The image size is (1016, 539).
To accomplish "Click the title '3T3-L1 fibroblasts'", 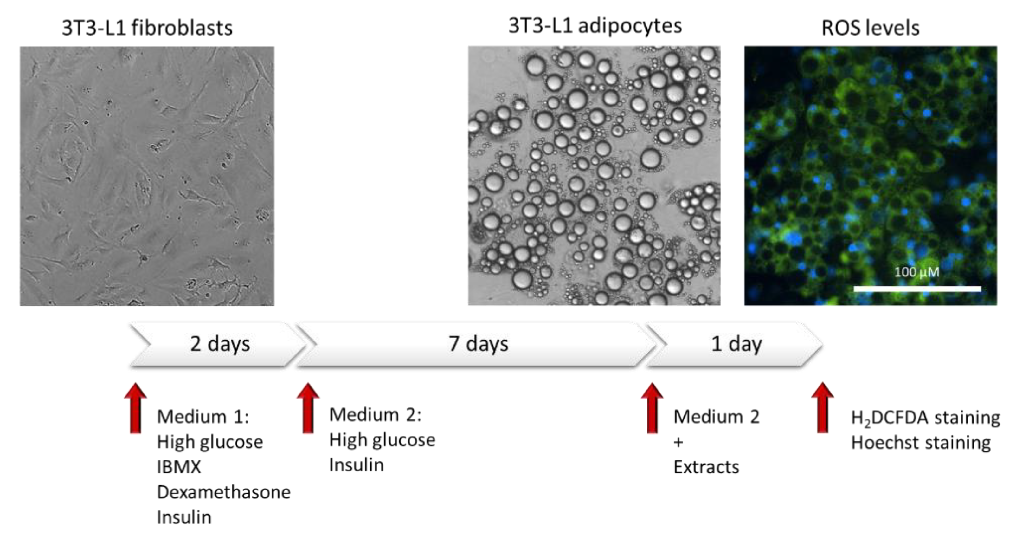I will pos(147,28).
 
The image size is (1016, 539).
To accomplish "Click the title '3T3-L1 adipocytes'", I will pos(595,26).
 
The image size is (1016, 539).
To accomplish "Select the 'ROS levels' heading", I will pos(870,28).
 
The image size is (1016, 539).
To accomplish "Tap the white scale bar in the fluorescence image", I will pos(917,289).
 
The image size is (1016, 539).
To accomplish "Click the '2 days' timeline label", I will pos(220,344).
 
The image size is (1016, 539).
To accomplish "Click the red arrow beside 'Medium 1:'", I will pos(135,408).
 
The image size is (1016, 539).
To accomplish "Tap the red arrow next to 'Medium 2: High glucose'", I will pos(308,408).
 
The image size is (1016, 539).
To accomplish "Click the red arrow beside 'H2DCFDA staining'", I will pos(822,408).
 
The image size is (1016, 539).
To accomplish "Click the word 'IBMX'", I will pos(179,467).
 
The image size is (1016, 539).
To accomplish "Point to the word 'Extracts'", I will pos(706,467).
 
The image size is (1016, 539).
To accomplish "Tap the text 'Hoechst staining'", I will pos(921,443).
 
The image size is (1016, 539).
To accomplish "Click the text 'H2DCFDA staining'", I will pos(925,418).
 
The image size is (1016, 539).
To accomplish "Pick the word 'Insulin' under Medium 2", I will pos(357,465).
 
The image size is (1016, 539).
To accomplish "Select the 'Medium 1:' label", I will pos(203,417).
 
